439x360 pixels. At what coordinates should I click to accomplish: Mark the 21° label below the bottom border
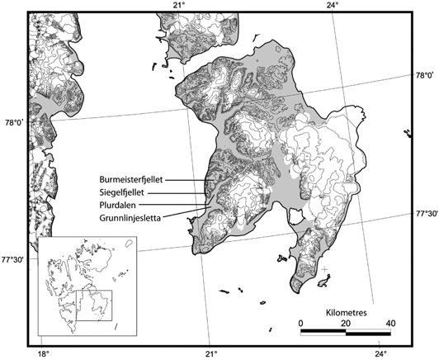(210, 353)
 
